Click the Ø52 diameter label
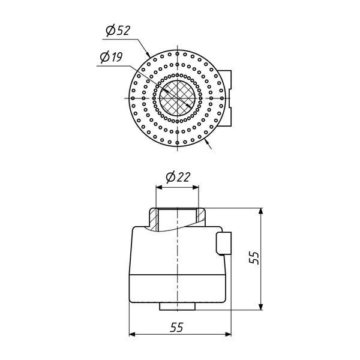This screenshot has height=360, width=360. (118, 31)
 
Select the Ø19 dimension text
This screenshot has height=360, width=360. (112, 57)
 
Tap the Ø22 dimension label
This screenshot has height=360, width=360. (178, 177)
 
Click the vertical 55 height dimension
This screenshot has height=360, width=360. (254, 258)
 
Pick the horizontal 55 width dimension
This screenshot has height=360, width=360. (177, 327)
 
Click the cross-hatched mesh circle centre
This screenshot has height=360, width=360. (177, 98)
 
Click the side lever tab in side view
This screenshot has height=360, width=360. (224, 244)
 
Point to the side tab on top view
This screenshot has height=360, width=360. (227, 98)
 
